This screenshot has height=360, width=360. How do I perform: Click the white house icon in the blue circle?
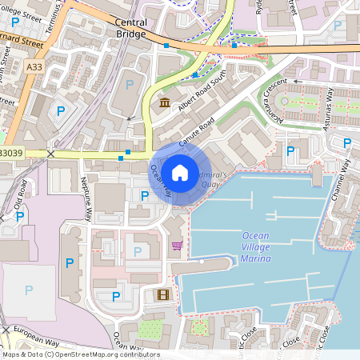(x=180, y=171)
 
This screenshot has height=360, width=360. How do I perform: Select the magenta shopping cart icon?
(x=177, y=246)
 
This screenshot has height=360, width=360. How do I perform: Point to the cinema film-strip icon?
(x=164, y=294)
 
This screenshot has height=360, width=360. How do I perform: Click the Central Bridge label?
(x=131, y=30)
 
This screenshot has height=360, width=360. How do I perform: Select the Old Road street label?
(x=19, y=194)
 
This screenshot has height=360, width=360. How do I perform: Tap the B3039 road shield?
(x=10, y=152)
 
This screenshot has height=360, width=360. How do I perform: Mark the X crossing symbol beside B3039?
(x=51, y=153)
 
